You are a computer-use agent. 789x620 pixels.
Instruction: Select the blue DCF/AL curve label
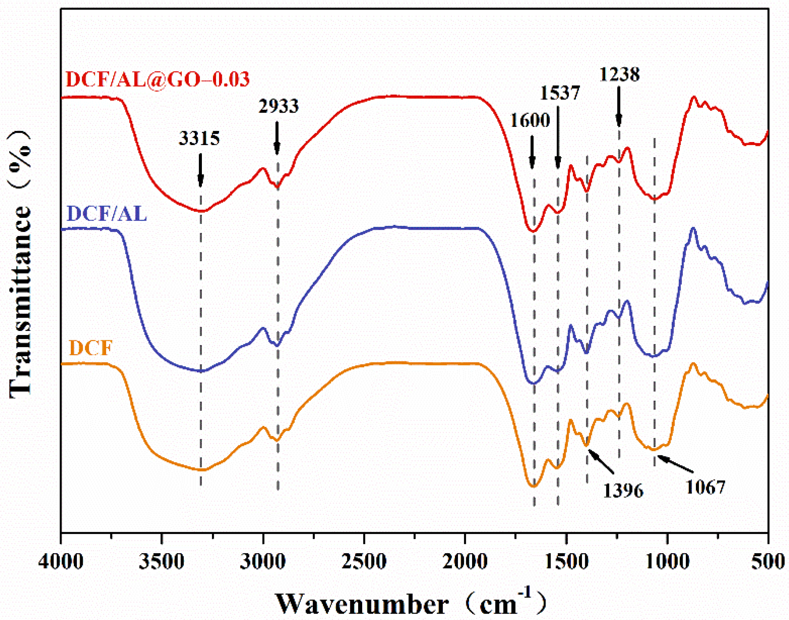(x=107, y=214)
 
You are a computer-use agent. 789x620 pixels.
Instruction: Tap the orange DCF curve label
(x=91, y=348)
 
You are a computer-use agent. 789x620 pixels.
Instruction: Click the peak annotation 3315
(x=199, y=139)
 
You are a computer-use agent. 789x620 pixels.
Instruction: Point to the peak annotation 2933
(x=278, y=106)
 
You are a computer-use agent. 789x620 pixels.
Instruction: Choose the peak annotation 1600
(x=530, y=121)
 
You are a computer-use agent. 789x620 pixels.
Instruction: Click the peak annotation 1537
(x=560, y=93)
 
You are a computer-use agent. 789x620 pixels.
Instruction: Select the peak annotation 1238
(x=619, y=75)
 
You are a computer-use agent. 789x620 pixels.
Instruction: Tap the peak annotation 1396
(x=623, y=491)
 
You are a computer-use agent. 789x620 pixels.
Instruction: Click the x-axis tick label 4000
(x=61, y=562)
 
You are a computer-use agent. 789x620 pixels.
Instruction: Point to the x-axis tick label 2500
(x=364, y=562)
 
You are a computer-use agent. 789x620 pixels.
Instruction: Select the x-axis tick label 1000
(x=667, y=562)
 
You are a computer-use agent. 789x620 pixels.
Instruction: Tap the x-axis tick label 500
(x=767, y=562)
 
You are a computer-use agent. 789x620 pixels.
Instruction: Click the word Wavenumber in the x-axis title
(x=362, y=604)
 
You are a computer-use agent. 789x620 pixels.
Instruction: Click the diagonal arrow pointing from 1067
(x=675, y=464)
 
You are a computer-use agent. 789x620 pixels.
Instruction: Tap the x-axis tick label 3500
(x=161, y=562)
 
